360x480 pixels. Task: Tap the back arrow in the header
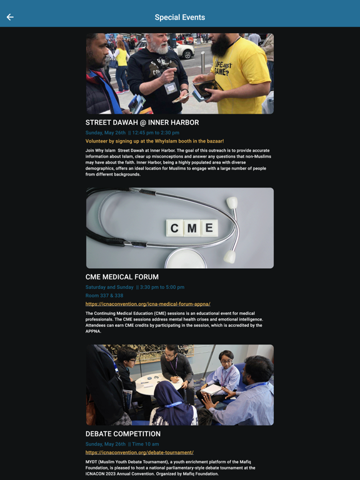[10, 17]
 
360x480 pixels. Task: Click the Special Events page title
[180, 17]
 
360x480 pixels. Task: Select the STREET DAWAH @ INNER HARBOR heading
[142, 122]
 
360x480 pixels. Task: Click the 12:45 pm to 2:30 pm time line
[132, 132]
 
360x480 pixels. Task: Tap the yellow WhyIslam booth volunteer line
[154, 141]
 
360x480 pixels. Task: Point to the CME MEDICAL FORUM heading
[122, 277]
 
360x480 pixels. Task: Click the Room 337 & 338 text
[104, 296]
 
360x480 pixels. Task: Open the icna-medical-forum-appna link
[148, 304]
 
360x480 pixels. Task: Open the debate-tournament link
[139, 452]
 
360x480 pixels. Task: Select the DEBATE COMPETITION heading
[122, 434]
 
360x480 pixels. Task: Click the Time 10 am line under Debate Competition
[122, 444]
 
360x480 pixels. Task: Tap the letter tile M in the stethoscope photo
[192, 228]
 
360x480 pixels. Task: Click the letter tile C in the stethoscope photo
[174, 228]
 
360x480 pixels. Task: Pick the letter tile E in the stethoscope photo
[209, 227]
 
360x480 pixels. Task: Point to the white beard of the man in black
[159, 47]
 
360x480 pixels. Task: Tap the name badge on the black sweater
[171, 88]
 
